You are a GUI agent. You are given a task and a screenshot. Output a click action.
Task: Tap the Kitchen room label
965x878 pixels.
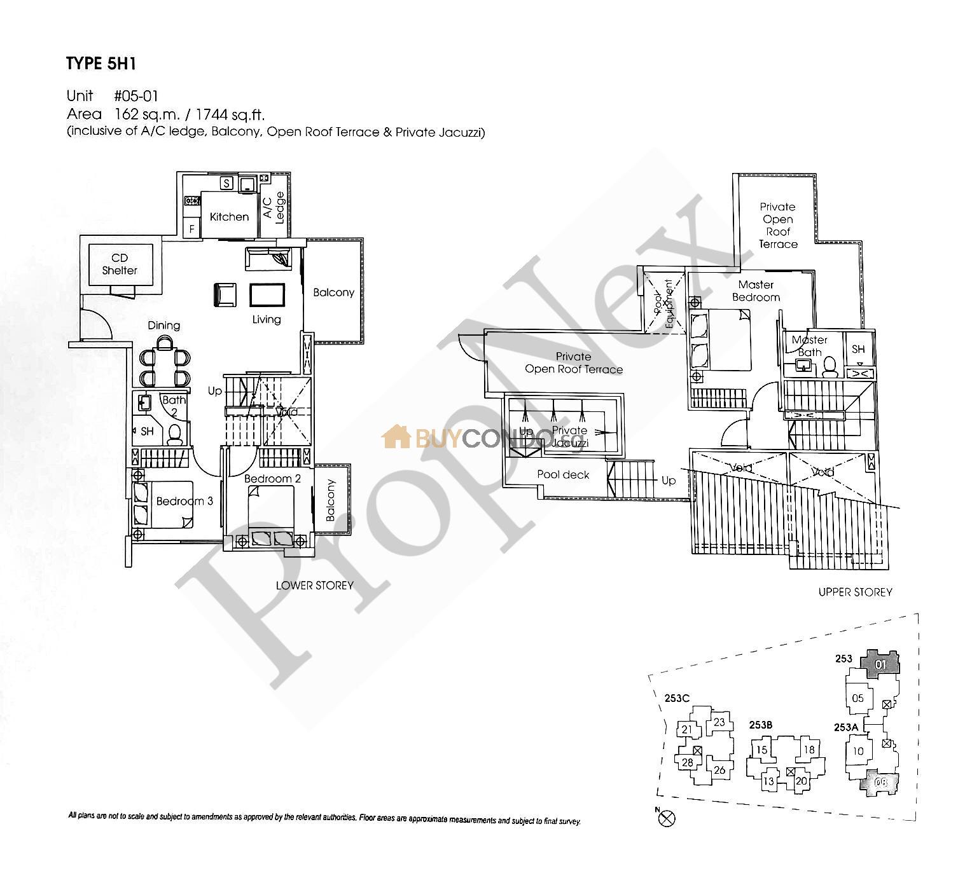[229, 217]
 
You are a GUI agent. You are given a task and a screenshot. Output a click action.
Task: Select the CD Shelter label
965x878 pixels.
[120, 264]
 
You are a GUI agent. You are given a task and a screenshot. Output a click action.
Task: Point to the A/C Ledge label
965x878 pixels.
[274, 207]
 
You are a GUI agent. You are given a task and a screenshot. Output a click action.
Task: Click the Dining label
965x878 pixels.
[164, 326]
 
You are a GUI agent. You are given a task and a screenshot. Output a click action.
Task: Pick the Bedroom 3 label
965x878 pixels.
[184, 501]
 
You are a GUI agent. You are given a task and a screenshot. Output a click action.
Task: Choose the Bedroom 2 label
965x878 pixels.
[272, 479]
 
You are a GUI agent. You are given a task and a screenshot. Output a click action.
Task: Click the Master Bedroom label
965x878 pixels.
[756, 291]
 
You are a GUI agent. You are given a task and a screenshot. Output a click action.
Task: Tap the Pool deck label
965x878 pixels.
[563, 474]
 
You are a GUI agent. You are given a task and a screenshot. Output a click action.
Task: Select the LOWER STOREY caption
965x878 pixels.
[314, 585]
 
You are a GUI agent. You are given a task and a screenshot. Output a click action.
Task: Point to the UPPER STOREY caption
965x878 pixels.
[855, 592]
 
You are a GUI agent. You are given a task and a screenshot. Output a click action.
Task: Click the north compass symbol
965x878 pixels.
[667, 818]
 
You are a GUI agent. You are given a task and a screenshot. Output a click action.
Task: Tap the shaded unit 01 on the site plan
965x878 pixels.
[880, 664]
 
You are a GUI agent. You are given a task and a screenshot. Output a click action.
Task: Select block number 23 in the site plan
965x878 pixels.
[719, 722]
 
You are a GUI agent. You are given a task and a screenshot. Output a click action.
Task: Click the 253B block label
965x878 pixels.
[760, 725]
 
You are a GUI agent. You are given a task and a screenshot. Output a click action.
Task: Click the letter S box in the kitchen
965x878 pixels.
[226, 184]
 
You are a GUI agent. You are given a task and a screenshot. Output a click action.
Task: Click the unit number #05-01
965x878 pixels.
[135, 96]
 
